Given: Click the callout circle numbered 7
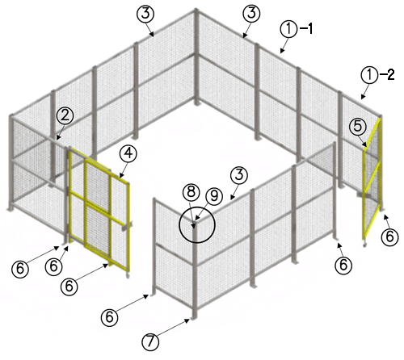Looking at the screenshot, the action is tap(150, 341).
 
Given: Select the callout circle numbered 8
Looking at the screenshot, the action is tap(191, 192).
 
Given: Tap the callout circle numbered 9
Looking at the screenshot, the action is tap(214, 196).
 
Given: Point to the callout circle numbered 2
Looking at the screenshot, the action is tap(65, 116).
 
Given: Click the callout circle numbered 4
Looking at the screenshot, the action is tap(128, 153).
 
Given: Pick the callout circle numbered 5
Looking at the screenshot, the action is tap(358, 126).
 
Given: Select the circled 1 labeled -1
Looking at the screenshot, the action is tap(288, 29).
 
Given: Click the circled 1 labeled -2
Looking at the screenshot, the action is tap(369, 75).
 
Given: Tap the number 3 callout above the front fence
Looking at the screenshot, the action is tap(239, 175).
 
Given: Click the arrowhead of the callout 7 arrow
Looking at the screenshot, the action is tap(187, 320).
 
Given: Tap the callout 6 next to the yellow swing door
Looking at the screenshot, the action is tap(389, 237).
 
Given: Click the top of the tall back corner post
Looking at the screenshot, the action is tap(196, 10).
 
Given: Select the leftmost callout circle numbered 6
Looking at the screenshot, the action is tap(20, 269).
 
